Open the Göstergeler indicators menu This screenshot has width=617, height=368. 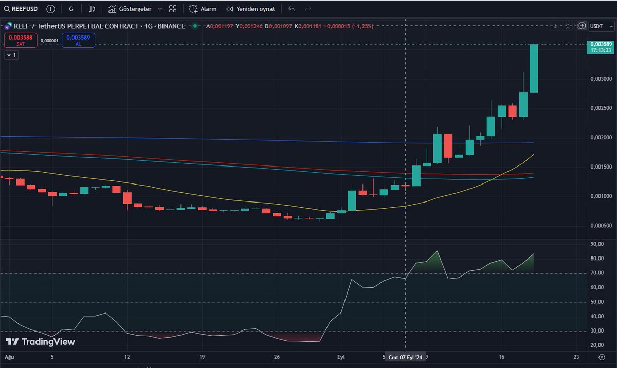pyautogui.click(x=135, y=9)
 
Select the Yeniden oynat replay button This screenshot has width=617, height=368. pyautogui.click(x=250, y=9)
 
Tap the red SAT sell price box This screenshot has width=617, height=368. pyautogui.click(x=21, y=40)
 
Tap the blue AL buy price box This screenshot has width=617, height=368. pyautogui.click(x=78, y=40)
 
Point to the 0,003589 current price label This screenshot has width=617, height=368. pyautogui.click(x=601, y=44)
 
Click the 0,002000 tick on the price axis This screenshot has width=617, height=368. pyautogui.click(x=601, y=138)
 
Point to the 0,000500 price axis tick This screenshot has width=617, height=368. pyautogui.click(x=601, y=226)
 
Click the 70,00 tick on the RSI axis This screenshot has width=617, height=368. pyautogui.click(x=597, y=273)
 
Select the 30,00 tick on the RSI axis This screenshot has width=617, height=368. pyautogui.click(x=597, y=331)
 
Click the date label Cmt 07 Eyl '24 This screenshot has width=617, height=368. pyautogui.click(x=406, y=357)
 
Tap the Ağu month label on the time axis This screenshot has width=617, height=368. pyautogui.click(x=9, y=356)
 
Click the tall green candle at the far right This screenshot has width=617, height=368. pyautogui.click(x=534, y=68)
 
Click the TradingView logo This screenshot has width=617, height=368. pyautogui.click(x=40, y=342)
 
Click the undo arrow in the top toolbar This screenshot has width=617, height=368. pyautogui.click(x=292, y=9)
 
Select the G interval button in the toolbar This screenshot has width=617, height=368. pyautogui.click(x=71, y=9)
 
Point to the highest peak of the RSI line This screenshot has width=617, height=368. pyautogui.click(x=437, y=251)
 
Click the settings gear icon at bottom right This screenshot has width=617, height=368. pyautogui.click(x=602, y=357)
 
